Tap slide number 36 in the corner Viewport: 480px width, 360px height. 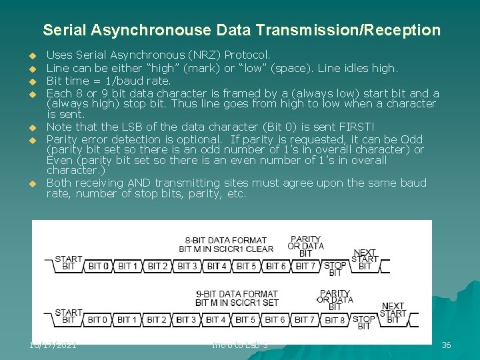pos(446,345)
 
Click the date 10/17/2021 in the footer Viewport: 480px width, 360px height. pos(53,345)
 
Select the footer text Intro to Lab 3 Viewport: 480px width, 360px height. pos(240,345)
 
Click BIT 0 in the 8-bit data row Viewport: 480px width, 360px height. pos(99,266)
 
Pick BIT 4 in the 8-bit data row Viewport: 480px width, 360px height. pos(217,266)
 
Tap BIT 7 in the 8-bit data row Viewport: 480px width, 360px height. pos(305,266)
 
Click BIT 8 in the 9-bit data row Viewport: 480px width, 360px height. pos(335,320)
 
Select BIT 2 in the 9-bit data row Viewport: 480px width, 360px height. pos(157,320)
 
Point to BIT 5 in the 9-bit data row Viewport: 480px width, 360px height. pos(245,320)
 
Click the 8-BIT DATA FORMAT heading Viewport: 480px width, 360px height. pos(226,240)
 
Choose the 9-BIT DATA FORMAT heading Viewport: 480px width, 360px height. pos(237,294)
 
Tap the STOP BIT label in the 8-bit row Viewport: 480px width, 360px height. pos(335,269)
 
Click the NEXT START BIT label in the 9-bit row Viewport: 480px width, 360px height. pos(393,313)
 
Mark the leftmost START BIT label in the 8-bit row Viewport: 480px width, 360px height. pos(68,263)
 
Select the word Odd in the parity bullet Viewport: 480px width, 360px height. pos(412,139)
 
